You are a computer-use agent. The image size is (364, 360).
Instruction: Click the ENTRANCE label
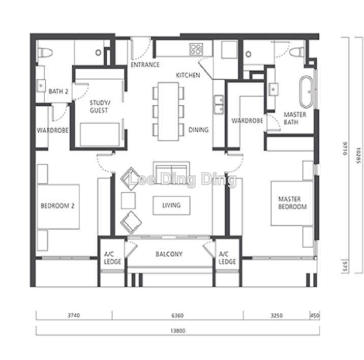[x=145, y=65]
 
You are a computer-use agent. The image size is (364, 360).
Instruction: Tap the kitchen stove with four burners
[x=196, y=49]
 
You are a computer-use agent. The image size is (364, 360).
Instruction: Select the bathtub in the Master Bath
[x=306, y=92]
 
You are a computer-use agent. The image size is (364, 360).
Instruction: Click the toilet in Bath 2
[x=45, y=52]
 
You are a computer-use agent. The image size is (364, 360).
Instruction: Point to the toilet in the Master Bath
[x=297, y=51]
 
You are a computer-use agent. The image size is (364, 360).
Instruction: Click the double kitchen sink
[x=219, y=105]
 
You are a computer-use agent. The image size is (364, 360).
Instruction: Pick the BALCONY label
[x=169, y=254]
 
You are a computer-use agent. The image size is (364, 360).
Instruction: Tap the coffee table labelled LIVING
[x=171, y=205]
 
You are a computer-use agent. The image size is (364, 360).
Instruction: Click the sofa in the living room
[x=171, y=173]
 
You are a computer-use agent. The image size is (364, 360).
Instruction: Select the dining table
[x=168, y=111]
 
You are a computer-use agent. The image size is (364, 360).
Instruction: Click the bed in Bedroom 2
[x=58, y=207]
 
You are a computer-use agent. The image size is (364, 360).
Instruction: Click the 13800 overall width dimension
[x=177, y=331]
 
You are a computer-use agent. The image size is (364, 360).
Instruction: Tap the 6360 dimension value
[x=177, y=316]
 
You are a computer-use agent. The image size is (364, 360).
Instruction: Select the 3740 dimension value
[x=74, y=315]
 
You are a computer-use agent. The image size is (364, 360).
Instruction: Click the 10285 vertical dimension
[x=358, y=156]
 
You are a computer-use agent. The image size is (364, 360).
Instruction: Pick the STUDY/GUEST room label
[x=99, y=106]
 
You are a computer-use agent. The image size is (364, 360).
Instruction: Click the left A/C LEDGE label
[x=112, y=258]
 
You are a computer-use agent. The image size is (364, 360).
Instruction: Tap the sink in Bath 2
[x=41, y=85]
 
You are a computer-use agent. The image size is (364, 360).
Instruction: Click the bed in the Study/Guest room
[x=100, y=135]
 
